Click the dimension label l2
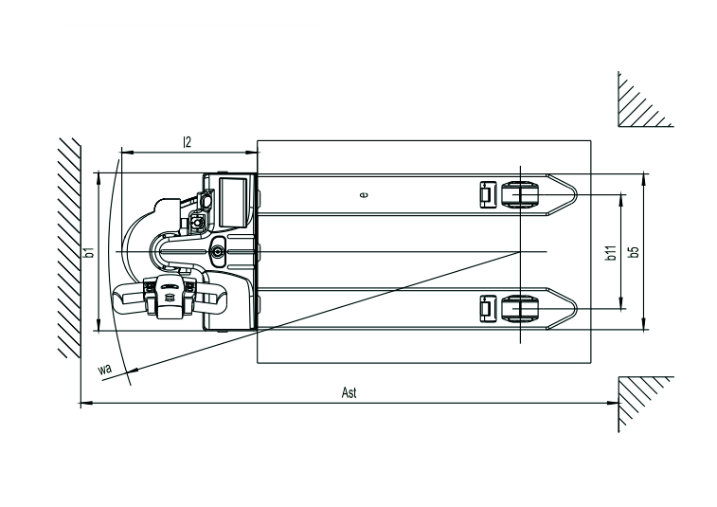point(188,142)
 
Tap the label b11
point(612,252)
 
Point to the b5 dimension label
point(635,252)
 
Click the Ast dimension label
point(350,393)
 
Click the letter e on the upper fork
point(364,194)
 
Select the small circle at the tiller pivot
point(219,251)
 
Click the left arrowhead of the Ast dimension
point(84,404)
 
